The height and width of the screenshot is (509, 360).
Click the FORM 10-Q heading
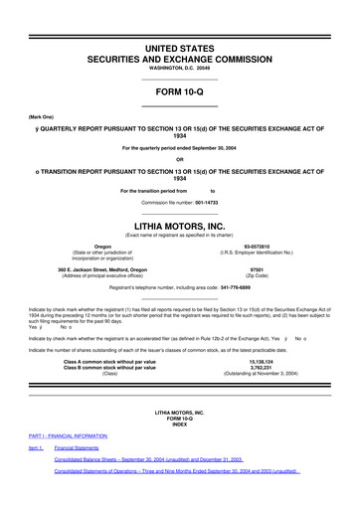tap(179, 89)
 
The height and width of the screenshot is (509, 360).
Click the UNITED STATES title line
tap(179, 48)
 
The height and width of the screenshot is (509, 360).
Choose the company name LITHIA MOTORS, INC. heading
tap(179, 226)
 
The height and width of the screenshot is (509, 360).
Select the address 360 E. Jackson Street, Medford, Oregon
tap(102, 268)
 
